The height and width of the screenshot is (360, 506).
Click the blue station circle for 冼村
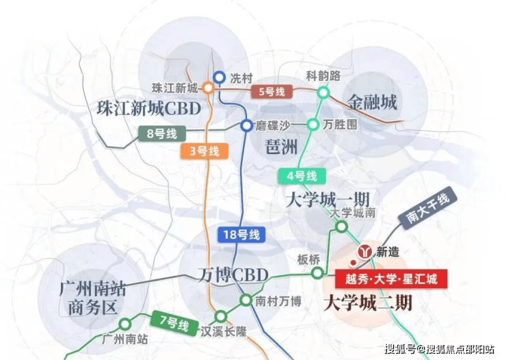tap(219, 77)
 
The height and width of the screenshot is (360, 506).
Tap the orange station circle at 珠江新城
tap(208, 88)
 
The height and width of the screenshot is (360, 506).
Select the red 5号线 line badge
tap(272, 92)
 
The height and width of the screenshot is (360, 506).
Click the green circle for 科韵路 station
tap(323, 93)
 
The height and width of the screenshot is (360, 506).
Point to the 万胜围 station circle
tap(312, 125)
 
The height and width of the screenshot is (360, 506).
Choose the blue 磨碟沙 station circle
tap(247, 125)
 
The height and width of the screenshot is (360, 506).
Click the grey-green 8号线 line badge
tap(162, 133)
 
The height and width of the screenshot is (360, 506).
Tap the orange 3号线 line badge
tap(204, 151)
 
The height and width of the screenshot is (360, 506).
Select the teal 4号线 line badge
tap(302, 177)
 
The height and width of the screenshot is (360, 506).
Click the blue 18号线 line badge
tap(241, 235)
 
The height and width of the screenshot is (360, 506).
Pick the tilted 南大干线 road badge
tap(427, 206)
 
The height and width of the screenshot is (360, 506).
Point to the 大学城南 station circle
tap(341, 227)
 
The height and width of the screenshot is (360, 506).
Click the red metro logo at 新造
tap(365, 251)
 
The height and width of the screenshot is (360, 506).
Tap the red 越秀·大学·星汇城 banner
tap(391, 279)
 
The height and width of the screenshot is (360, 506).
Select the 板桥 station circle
tap(317, 273)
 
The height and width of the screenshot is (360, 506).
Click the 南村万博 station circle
tap(246, 300)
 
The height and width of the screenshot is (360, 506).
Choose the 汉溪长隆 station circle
tap(221, 316)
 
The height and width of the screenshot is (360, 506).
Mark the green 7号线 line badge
tap(174, 322)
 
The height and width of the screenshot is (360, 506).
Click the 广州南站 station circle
tap(125, 324)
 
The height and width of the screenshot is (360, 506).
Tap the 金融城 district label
tap(372, 103)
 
